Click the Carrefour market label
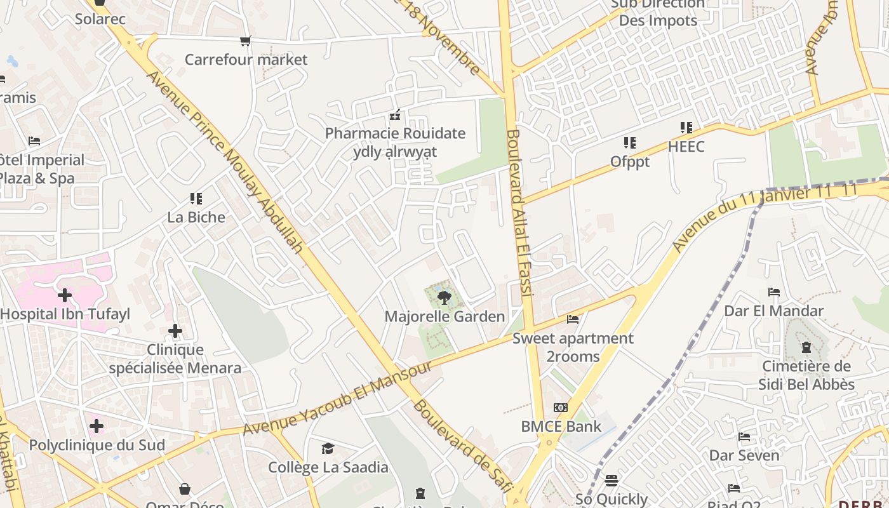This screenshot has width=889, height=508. point(246,60)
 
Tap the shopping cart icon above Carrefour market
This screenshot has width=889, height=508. point(245,41)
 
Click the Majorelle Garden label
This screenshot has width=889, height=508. point(444,316)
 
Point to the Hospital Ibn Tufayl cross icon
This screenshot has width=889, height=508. point(65,295)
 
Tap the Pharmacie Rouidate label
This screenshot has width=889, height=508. point(395,134)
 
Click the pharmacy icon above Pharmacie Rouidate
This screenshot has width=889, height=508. point(395,116)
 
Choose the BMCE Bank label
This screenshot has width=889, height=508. point(561,426)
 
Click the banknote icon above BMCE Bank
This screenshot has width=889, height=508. point(560,408)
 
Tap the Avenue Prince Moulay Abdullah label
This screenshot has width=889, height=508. point(225,162)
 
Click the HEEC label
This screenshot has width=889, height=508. point(686,147)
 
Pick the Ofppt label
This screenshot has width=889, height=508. point(630,162)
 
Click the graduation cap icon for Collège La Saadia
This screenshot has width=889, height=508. point(328,449)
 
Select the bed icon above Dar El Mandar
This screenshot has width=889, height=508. point(773,292)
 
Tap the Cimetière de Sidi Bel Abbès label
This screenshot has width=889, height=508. point(806,375)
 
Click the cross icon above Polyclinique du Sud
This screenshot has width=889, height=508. point(97,426)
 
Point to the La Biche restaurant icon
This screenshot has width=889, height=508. point(196,199)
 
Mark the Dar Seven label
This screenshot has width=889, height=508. point(744,455)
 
